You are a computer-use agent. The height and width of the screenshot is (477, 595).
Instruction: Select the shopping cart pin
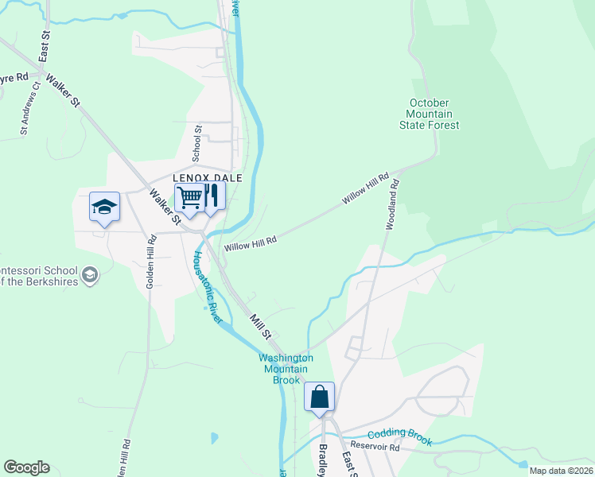point(189,197)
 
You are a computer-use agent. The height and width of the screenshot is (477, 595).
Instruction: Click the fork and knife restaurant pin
point(211,196)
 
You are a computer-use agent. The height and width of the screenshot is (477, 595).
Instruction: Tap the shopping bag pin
point(319,397)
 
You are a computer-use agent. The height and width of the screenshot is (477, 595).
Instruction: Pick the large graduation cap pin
point(104,207)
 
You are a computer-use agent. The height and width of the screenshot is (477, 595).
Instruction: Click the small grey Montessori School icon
point(91,275)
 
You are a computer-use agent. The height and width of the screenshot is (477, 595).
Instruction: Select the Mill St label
point(261,324)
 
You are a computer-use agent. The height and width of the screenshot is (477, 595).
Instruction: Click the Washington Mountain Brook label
point(286,369)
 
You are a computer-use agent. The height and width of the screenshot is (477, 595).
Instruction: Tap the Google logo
point(26,467)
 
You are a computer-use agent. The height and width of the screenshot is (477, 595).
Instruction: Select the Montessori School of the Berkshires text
point(40,275)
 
